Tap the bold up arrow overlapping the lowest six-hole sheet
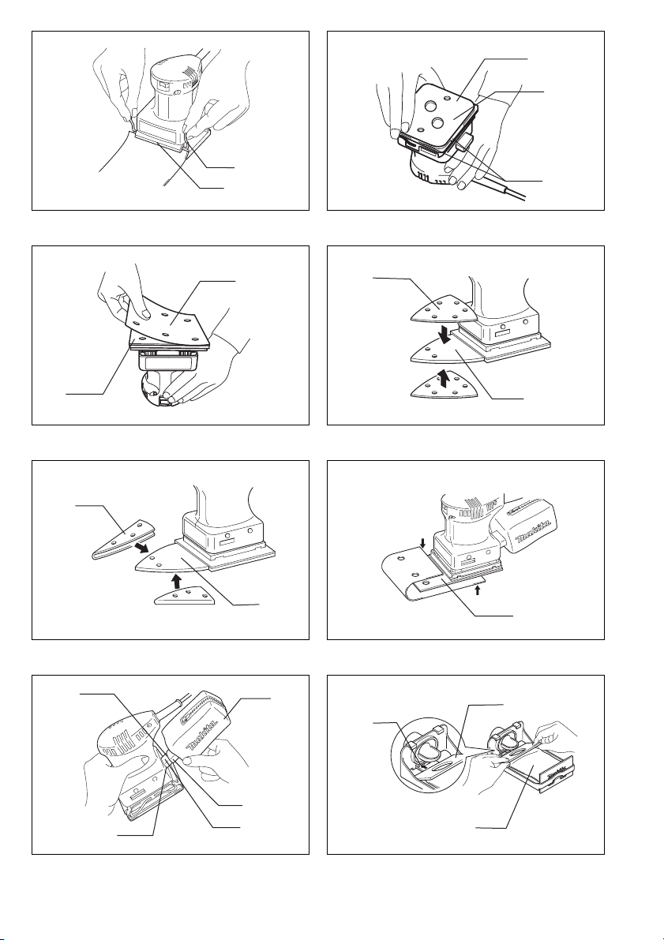(x=445, y=380)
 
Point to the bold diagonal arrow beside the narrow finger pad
(x=142, y=548)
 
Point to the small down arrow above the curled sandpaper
(x=423, y=544)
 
